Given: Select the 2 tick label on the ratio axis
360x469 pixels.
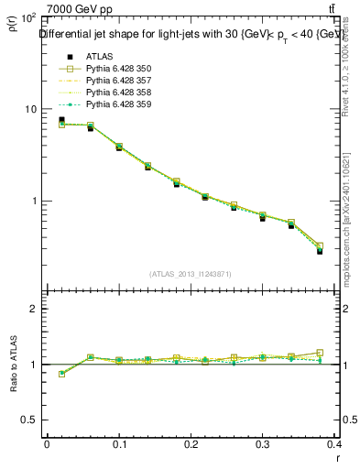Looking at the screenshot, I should pos(35,309).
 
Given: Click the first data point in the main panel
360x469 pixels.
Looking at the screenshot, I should pos(61,120).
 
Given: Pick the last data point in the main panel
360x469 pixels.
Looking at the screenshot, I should pos(320,250).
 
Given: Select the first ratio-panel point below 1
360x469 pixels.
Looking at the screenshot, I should pos(61,374).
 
